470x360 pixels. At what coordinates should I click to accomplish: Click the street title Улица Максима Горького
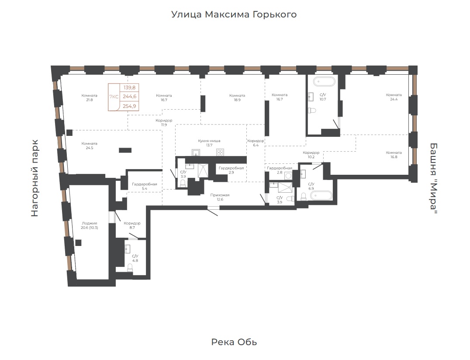234,14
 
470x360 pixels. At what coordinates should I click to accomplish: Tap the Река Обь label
234,342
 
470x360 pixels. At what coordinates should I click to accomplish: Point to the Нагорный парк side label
35,178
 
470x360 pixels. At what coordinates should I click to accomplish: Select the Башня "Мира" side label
433,178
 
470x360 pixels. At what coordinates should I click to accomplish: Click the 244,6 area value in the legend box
129,97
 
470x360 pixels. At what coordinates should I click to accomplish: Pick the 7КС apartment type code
114,97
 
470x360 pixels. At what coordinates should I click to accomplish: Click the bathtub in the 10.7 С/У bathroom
324,82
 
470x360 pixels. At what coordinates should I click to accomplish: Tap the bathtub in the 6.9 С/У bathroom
321,196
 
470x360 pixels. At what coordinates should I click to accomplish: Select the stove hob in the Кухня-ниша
220,152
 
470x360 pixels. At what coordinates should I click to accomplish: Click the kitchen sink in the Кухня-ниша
196,152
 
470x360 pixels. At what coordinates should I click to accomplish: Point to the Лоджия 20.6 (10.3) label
89,225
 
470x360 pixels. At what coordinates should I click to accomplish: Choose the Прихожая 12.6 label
220,197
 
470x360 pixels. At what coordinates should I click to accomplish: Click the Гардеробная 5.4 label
145,187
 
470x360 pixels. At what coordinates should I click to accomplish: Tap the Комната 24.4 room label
394,97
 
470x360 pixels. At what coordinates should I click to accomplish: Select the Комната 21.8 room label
89,98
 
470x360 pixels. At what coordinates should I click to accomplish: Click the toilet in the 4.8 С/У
130,268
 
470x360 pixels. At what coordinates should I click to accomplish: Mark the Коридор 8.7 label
132,225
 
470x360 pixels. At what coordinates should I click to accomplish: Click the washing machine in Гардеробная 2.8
288,176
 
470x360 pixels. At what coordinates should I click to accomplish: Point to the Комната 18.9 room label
237,98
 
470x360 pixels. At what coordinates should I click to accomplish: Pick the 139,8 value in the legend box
129,87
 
